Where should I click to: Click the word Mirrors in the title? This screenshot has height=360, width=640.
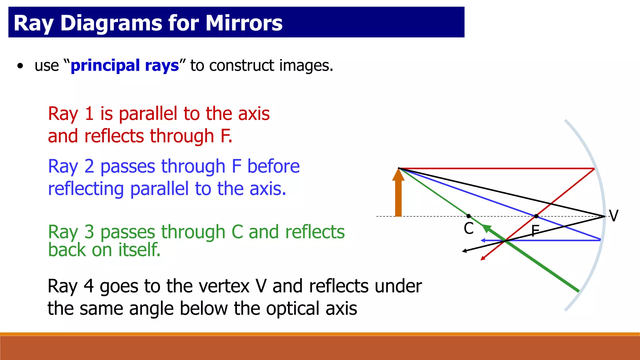click(x=244, y=23)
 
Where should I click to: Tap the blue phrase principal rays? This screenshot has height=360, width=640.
click(x=125, y=66)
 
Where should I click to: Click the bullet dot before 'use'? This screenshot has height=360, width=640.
click(x=20, y=66)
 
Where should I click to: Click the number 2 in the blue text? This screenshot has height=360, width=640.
click(x=89, y=166)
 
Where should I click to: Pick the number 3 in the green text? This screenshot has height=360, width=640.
click(x=89, y=232)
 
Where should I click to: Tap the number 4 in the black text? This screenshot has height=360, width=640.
click(x=89, y=286)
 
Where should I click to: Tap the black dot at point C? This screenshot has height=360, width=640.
click(x=468, y=216)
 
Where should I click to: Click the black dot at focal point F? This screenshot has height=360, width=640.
click(x=536, y=216)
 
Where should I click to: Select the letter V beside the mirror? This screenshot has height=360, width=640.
click(x=614, y=216)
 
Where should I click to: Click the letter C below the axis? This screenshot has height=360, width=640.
click(x=468, y=228)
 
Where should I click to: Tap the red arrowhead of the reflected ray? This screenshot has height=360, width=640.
click(x=483, y=258)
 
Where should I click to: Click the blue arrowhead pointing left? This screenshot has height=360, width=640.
click(x=483, y=240)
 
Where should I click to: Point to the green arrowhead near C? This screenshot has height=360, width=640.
click(x=487, y=228)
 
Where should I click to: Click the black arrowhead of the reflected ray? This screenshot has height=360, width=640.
click(x=465, y=251)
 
